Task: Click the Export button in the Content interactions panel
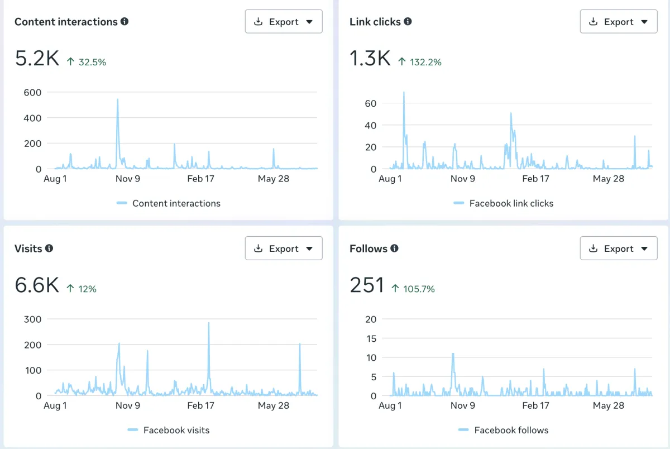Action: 284,22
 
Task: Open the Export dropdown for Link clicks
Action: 619,22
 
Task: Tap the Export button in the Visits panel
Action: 284,249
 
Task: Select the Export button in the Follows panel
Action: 619,249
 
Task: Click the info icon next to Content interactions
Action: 125,22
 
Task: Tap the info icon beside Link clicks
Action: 408,22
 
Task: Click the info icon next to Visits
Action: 49,249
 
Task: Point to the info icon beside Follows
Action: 395,249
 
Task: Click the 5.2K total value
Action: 37,58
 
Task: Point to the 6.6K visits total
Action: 37,285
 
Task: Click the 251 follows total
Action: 367,285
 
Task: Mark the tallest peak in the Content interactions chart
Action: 118,99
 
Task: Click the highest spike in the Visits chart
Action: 209,323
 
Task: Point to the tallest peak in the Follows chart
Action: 453,354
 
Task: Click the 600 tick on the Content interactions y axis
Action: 32,93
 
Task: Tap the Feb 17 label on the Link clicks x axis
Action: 535,179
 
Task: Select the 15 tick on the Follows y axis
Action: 371,338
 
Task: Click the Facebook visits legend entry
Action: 169,430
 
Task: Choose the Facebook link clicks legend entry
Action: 504,203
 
